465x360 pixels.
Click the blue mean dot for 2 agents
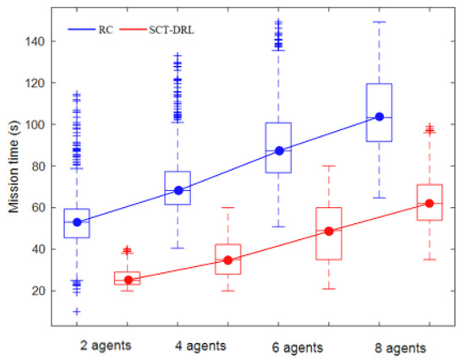[77, 222]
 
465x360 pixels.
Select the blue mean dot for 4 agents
[178, 190]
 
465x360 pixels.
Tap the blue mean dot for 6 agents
[279, 150]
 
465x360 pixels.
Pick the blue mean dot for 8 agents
[379, 117]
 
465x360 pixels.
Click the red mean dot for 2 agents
[129, 280]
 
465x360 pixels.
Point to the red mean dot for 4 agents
[228, 260]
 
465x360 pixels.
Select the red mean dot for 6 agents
[329, 231]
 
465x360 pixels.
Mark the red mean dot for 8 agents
[429, 203]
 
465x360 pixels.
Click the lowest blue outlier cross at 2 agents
[77, 312]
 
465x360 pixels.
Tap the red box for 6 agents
[329, 233]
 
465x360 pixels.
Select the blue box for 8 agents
[379, 106]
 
